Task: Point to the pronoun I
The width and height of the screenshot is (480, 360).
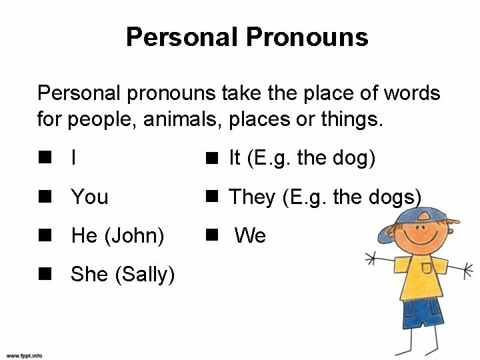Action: tap(73, 158)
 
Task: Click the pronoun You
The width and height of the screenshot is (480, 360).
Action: tap(89, 197)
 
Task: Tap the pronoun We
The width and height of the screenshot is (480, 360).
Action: tap(251, 235)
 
